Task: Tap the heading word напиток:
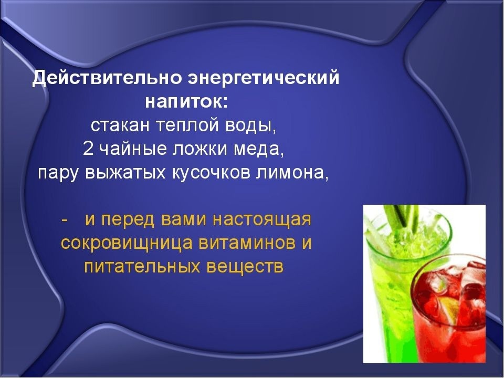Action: click(186, 102)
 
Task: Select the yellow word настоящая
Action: click(262, 220)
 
